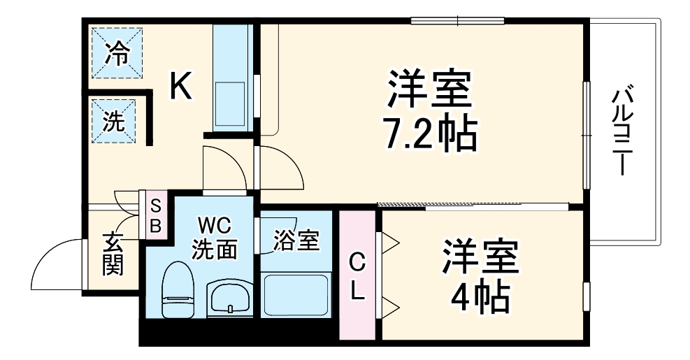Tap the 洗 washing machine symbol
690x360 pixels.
(x=115, y=122)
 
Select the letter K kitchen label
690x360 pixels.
(x=180, y=88)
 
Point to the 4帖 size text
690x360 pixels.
(x=479, y=297)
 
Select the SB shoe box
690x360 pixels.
(x=156, y=215)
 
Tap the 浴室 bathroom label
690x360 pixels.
(x=296, y=241)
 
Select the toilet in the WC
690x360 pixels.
(x=177, y=290)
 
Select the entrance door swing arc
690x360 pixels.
(x=56, y=262)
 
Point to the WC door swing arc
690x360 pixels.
(x=224, y=168)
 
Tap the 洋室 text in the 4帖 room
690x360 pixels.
(x=479, y=259)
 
